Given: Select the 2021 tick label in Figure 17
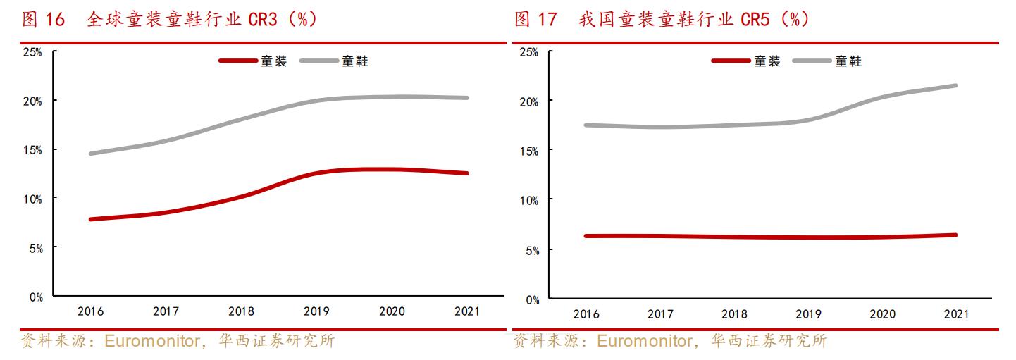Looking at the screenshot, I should coord(955,314).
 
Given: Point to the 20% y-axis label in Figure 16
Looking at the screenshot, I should coord(32,101).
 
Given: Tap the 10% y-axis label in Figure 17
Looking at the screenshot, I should coord(528,201).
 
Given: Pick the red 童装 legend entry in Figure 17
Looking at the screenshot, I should coord(746,61).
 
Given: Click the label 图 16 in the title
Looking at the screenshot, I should coord(44,20).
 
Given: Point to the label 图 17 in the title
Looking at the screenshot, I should coord(535,20).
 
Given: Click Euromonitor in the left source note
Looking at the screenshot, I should coord(149,342).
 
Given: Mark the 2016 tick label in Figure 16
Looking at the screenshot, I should coord(91,311).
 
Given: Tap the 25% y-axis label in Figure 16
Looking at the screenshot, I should coord(32,51).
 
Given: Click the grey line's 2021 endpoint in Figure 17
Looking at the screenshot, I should coord(955,85).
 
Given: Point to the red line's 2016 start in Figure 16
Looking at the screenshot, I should coord(91,219).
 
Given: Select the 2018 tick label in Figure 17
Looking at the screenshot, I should coord(734,314).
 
